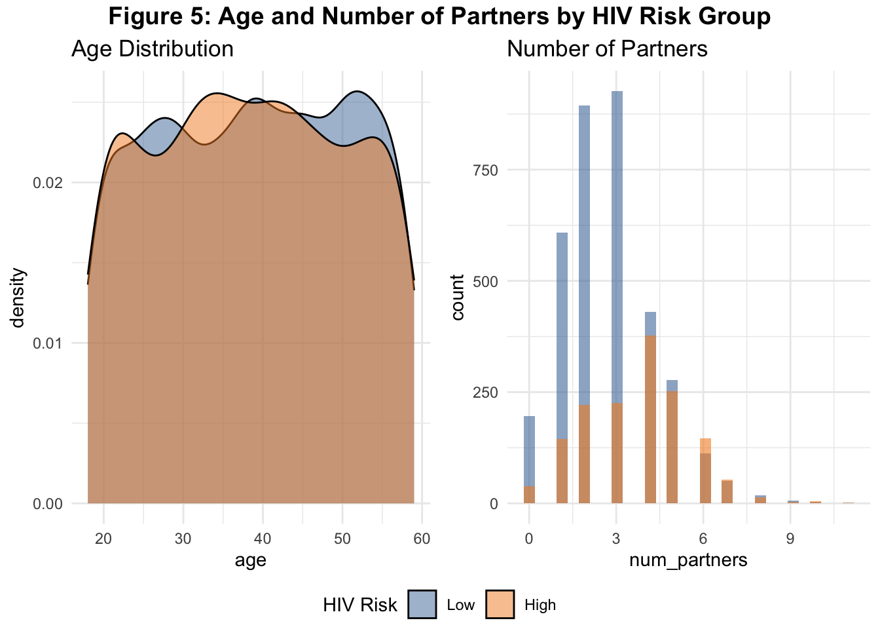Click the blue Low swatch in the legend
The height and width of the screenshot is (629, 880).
(422, 604)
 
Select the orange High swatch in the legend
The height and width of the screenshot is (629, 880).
(500, 604)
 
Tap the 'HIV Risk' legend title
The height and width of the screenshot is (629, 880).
(360, 605)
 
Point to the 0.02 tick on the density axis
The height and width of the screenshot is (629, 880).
(48, 183)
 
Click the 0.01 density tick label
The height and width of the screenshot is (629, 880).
(48, 343)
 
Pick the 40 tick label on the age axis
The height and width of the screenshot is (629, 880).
(263, 538)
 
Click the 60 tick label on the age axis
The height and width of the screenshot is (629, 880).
(422, 538)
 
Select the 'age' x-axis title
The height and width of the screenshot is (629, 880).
(250, 560)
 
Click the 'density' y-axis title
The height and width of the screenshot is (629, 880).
(18, 297)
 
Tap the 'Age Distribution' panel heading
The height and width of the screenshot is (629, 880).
(153, 49)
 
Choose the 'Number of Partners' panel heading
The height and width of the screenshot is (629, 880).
(607, 49)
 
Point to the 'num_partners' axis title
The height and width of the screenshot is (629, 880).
(688, 560)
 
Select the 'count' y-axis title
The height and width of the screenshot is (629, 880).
(457, 297)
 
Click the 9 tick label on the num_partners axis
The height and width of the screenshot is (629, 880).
(790, 538)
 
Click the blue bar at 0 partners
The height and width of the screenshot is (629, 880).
(529, 459)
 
